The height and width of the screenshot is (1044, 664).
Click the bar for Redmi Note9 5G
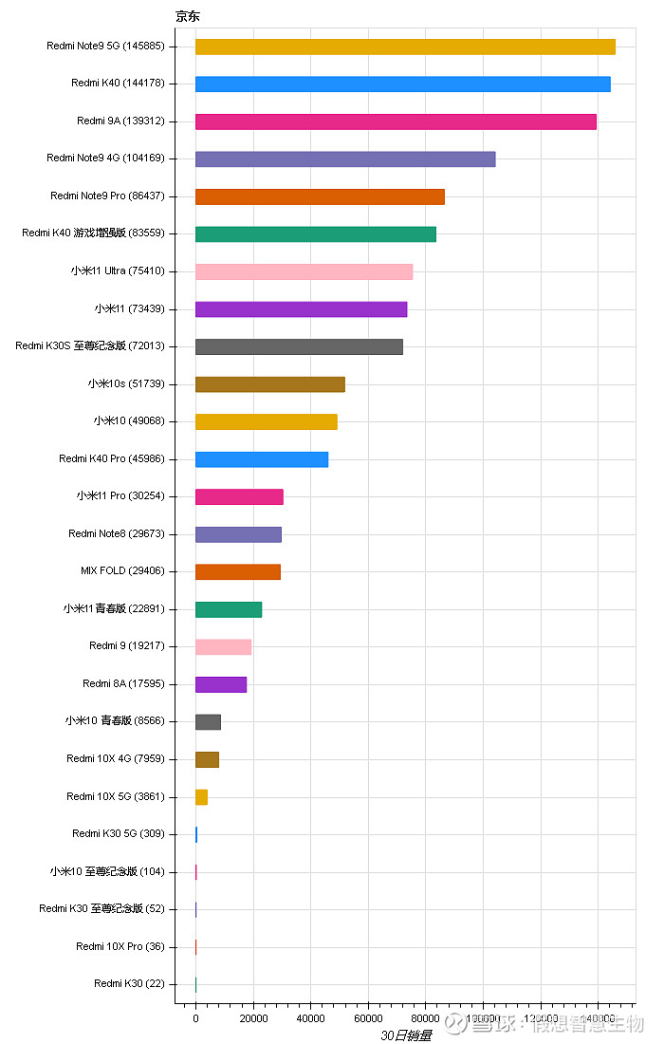(x=405, y=47)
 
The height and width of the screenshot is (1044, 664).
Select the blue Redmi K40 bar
(x=402, y=84)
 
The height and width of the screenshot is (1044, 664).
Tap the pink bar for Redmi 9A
(x=396, y=121)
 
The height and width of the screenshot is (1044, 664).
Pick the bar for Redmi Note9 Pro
(x=320, y=196)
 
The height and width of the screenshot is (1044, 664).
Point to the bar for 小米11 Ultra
(x=304, y=271)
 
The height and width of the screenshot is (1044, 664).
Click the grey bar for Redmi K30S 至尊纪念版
(x=299, y=346)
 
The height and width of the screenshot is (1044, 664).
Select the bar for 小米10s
(x=269, y=384)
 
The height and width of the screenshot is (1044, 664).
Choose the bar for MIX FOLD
(x=237, y=572)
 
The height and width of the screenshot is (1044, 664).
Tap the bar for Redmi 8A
(x=220, y=684)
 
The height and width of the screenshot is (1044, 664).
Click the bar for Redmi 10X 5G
(x=201, y=797)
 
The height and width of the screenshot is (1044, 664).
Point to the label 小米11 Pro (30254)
(x=120, y=496)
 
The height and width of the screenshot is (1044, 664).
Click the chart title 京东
(x=188, y=16)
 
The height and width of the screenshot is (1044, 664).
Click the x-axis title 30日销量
(x=406, y=1035)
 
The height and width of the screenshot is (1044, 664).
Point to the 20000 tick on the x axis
(x=253, y=1018)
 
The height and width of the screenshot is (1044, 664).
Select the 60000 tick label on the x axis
(x=368, y=1018)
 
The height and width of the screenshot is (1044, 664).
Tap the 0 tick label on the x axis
(x=195, y=1018)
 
